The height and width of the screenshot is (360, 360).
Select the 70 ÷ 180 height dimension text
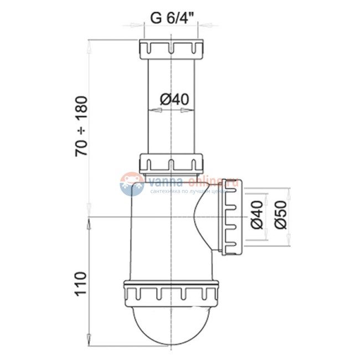(x=82, y=127)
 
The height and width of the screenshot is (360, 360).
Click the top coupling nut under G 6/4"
(x=172, y=48)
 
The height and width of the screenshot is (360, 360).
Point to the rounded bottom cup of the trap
(x=171, y=324)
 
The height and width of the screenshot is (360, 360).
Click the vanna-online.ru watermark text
(x=191, y=181)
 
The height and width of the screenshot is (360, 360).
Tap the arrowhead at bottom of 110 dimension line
(x=88, y=337)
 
